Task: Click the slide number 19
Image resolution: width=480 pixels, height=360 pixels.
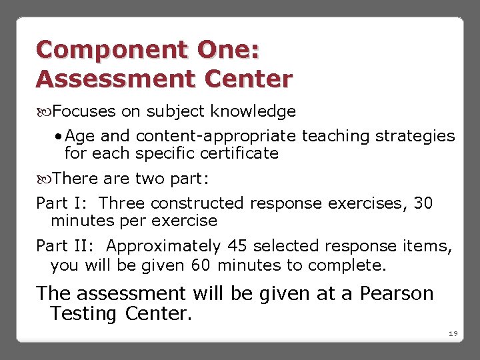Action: [x=453, y=333]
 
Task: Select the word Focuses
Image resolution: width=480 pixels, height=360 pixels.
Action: [x=83, y=111]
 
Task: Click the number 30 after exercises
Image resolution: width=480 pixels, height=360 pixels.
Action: [x=423, y=203]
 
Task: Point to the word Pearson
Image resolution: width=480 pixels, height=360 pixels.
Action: [x=397, y=293]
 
